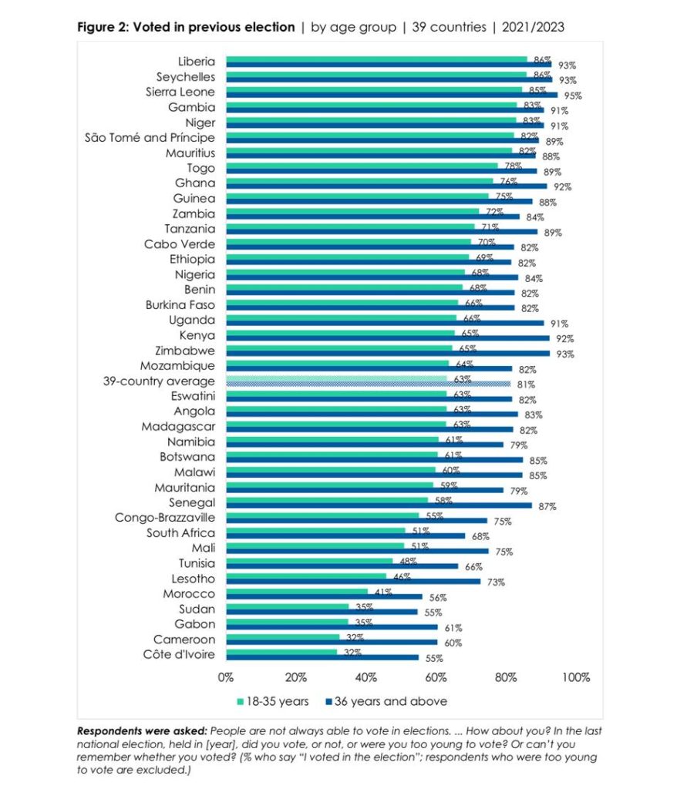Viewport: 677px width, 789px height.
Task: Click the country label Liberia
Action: click(196, 62)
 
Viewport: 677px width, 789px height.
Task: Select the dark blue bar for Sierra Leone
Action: click(392, 96)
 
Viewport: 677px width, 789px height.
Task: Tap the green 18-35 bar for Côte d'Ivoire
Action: click(281, 652)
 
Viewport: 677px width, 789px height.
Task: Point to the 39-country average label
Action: click(159, 381)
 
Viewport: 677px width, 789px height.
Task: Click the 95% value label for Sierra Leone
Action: click(572, 96)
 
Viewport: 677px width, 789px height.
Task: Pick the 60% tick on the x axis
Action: click(436, 678)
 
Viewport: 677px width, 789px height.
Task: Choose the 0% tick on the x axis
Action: click(226, 678)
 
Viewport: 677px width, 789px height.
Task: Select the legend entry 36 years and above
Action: click(386, 701)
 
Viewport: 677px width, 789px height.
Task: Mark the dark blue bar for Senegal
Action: click(379, 505)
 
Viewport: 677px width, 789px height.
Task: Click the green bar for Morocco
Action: click(297, 591)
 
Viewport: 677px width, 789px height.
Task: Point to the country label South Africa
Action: click(180, 533)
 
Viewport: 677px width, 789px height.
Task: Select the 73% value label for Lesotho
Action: click(494, 583)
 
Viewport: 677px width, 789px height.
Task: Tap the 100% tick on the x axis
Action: click(576, 678)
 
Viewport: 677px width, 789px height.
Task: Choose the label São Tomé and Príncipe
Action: click(150, 138)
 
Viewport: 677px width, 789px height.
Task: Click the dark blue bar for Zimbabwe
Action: click(388, 354)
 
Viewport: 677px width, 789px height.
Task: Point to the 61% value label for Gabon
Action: click(452, 628)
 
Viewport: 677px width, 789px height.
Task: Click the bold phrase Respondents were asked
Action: click(141, 730)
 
